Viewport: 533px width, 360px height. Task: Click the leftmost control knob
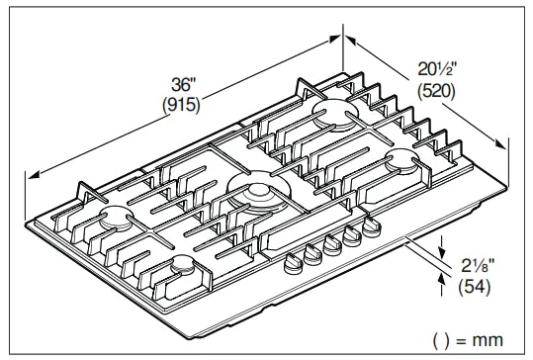coord(293,261)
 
